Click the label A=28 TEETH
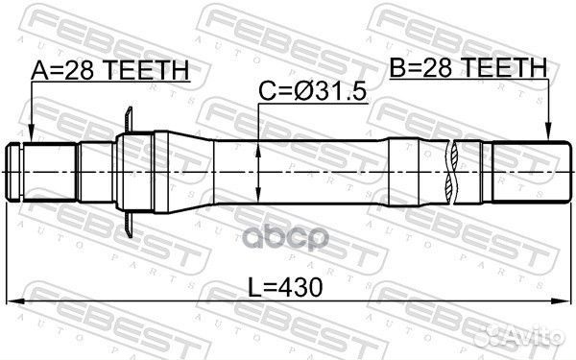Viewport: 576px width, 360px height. (x=110, y=70)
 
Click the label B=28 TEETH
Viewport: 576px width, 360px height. (x=468, y=67)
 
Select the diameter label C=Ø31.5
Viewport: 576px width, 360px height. (x=312, y=91)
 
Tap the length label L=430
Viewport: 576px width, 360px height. (x=285, y=287)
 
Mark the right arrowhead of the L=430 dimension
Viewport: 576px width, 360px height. (x=563, y=301)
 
